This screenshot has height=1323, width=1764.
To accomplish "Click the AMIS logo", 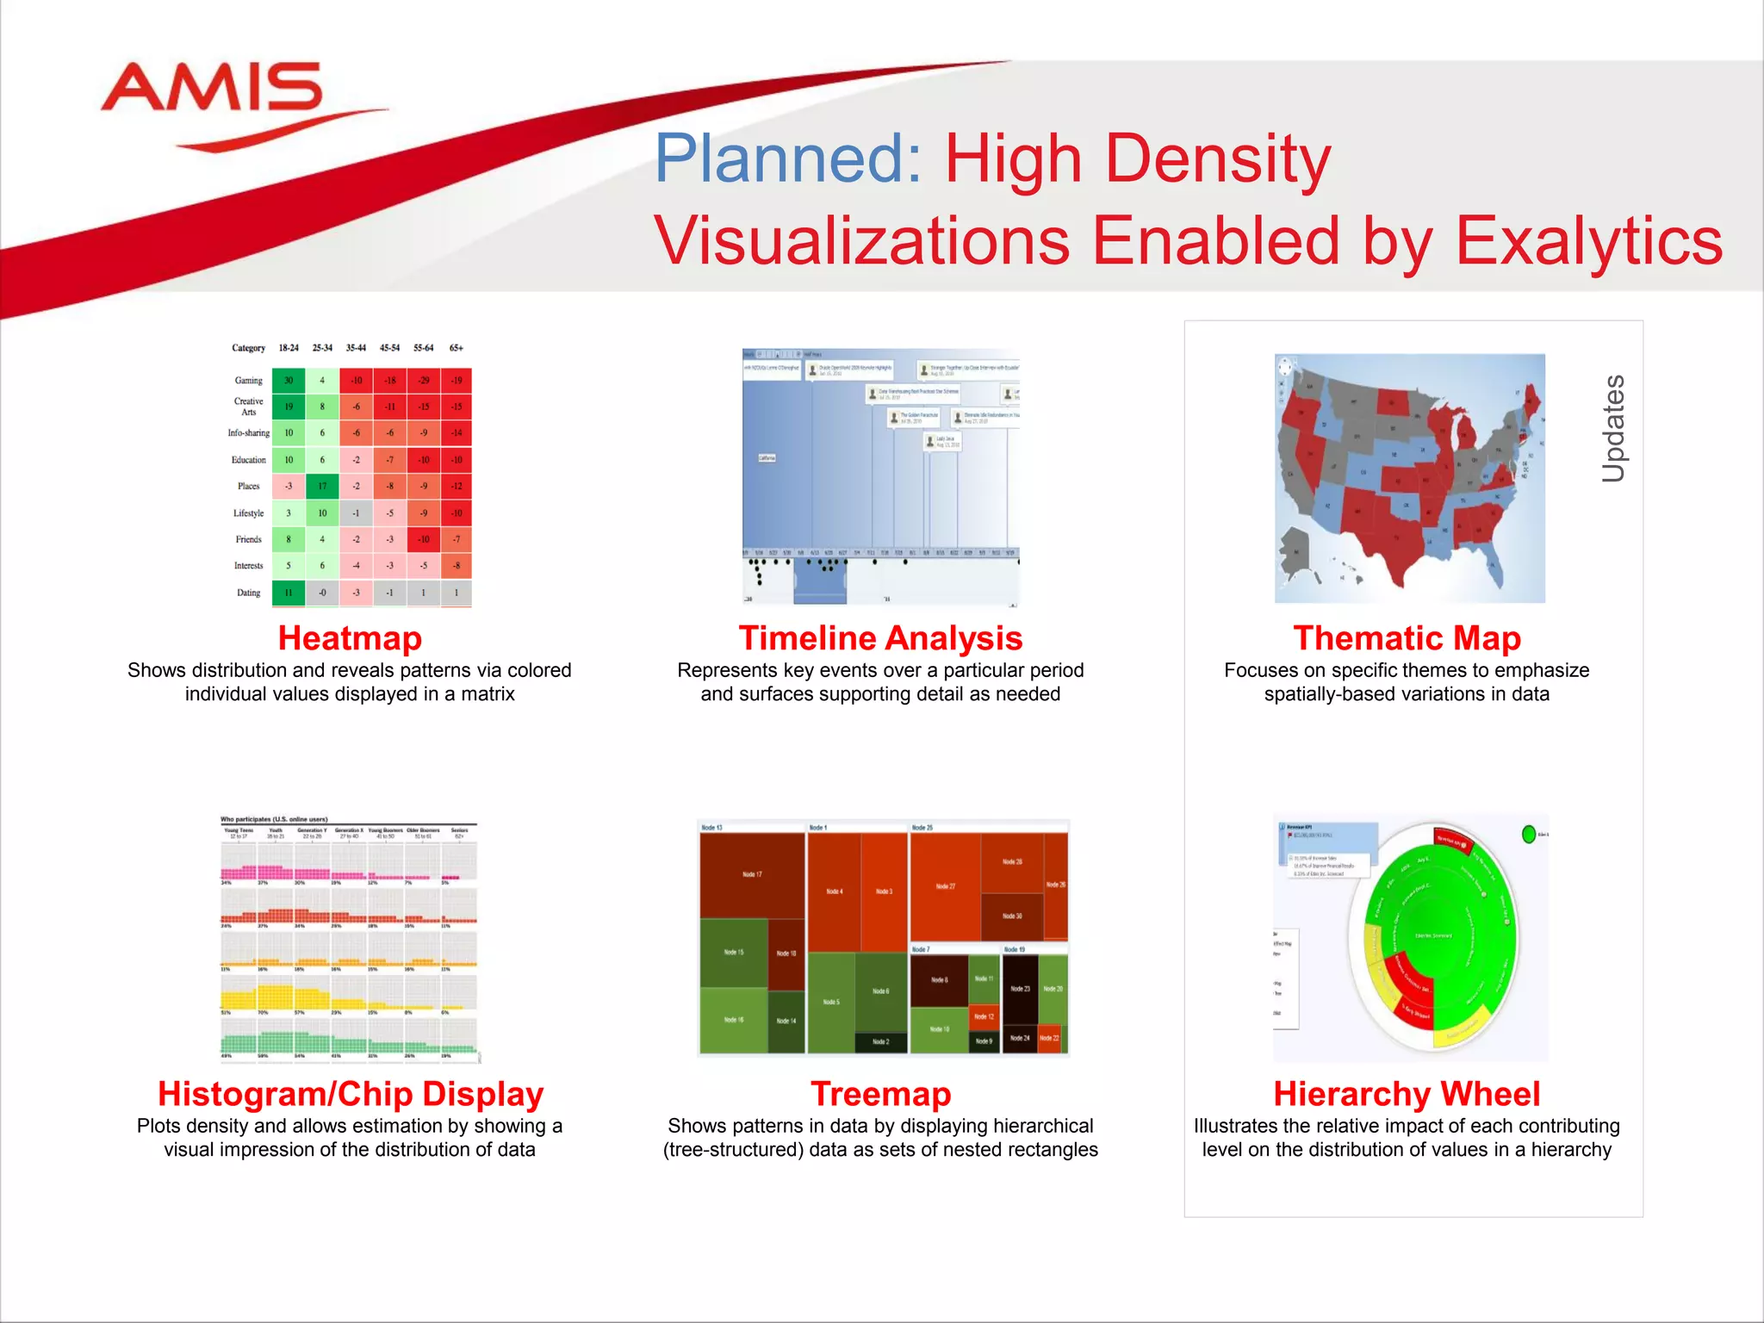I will click(x=213, y=90).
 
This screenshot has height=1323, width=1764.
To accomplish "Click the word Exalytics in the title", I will click(x=1588, y=240).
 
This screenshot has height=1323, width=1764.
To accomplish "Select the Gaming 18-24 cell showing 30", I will click(x=289, y=380).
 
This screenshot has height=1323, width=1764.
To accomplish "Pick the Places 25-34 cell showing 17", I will click(x=322, y=486).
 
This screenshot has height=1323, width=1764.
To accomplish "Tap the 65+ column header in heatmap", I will click(x=457, y=348).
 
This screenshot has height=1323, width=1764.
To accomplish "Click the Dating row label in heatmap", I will click(x=248, y=593).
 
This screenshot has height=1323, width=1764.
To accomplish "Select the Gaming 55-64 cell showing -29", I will click(x=423, y=380).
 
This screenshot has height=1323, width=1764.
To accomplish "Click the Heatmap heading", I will click(x=350, y=638).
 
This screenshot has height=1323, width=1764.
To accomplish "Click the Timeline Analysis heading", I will click(x=880, y=638).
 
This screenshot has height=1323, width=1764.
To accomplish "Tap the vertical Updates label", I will click(x=1613, y=428).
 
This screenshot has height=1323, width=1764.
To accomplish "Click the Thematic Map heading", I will click(x=1407, y=638).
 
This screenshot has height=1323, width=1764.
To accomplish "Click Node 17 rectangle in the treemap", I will click(x=752, y=874).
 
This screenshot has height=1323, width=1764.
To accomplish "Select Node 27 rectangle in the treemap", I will click(x=946, y=886).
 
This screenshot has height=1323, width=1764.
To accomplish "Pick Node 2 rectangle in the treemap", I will click(x=880, y=1042).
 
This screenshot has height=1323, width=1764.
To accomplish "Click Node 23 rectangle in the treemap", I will click(x=1021, y=990).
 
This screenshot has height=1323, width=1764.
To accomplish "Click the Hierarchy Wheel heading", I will click(x=1407, y=1094).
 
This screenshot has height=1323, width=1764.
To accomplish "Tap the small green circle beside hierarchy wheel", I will click(x=1529, y=834).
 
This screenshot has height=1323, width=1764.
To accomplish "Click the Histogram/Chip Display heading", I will click(x=350, y=1094).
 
